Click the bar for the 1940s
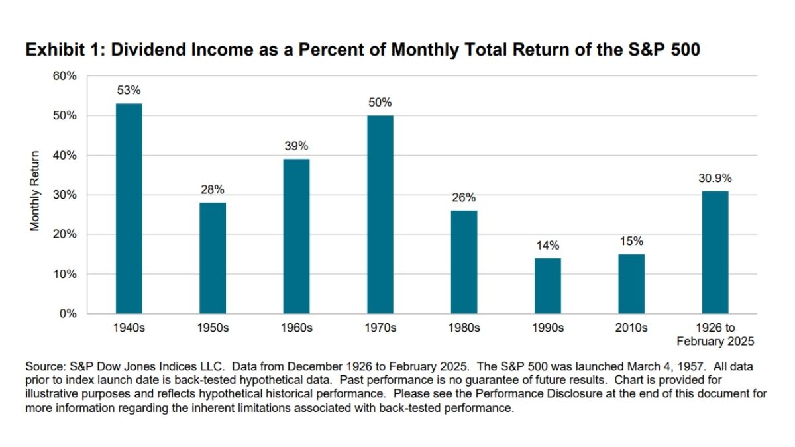pyautogui.click(x=129, y=209)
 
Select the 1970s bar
pyautogui.click(x=380, y=215)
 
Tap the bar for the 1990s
pyautogui.click(x=547, y=285)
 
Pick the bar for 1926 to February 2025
pyautogui.click(x=715, y=252)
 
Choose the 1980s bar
pyautogui.click(x=464, y=262)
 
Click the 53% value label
pyautogui.click(x=129, y=90)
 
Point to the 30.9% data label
pyautogui.click(x=715, y=177)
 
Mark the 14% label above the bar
pyautogui.click(x=547, y=245)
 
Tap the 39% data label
pyautogui.click(x=296, y=146)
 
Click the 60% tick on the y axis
pyautogui.click(x=66, y=76)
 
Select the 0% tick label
pyautogui.click(x=68, y=314)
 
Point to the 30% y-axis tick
pyautogui.click(x=66, y=195)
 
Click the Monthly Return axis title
pyautogui.click(x=34, y=192)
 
